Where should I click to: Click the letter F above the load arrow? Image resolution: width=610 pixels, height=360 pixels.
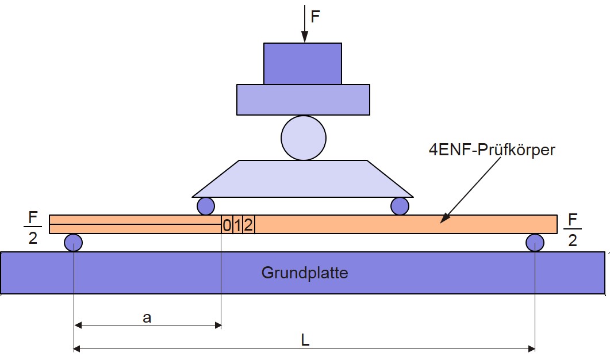click(x=315, y=17)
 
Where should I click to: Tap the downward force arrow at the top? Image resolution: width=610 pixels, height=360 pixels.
click(x=305, y=24)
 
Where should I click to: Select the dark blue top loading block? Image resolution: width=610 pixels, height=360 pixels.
click(x=302, y=63)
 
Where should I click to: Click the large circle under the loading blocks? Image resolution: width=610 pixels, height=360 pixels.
click(x=304, y=138)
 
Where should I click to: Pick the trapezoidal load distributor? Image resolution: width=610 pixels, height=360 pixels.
click(x=302, y=179)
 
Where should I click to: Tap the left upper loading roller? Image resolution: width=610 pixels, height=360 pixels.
click(x=206, y=206)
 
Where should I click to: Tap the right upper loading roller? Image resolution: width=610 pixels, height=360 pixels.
click(x=400, y=206)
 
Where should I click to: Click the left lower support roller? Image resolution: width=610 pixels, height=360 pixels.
click(x=73, y=243)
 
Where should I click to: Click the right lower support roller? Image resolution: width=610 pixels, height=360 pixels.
click(x=535, y=243)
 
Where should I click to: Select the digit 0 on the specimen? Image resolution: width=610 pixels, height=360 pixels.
click(x=227, y=225)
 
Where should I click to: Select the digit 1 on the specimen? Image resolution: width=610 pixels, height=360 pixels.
click(x=237, y=225)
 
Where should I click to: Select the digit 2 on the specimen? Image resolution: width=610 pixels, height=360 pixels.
click(x=248, y=225)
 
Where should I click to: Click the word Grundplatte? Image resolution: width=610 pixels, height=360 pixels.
click(x=305, y=273)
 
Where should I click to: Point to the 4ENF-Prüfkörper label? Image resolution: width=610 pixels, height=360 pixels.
click(x=492, y=150)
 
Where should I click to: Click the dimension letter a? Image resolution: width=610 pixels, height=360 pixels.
click(x=147, y=318)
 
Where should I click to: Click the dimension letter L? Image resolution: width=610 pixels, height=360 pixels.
click(x=305, y=340)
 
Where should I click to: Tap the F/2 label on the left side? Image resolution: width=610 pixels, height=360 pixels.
click(x=33, y=228)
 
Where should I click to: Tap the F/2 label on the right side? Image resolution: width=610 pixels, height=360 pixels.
click(x=572, y=230)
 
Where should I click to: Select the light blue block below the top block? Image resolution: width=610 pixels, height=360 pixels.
click(x=303, y=99)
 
